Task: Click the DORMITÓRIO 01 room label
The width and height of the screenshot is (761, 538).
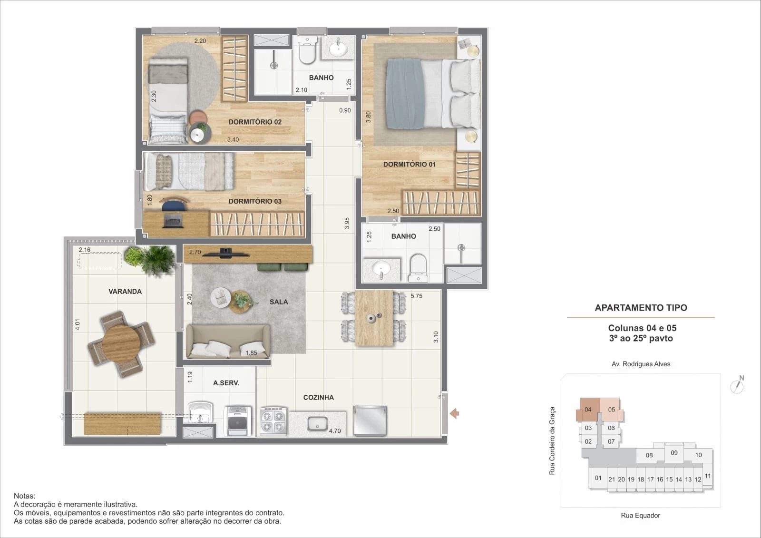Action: pos(409,164)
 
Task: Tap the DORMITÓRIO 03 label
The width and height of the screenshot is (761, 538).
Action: pos(255,201)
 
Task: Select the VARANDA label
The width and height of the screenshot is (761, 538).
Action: pos(125,291)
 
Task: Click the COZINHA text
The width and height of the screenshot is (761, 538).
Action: pos(318,397)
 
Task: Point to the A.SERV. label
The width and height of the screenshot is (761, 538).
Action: pos(226,382)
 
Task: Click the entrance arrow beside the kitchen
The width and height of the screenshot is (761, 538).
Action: pos(454,413)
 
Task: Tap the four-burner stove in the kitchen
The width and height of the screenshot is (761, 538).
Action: pos(273,421)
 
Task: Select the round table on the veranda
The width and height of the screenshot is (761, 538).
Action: pos(121,343)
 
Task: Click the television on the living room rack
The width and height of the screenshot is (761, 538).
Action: pos(226,253)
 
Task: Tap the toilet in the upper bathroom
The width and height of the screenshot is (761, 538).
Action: pos(307,51)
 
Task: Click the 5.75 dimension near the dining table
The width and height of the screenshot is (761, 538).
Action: pos(416,296)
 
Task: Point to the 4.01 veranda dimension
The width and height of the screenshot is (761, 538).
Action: pos(78,324)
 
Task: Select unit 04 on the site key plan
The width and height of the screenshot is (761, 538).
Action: pos(588,410)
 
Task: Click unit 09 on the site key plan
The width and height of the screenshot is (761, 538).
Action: pos(674,453)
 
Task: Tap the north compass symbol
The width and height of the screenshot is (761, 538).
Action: pos(737,385)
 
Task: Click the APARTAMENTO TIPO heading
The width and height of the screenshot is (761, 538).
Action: pos(641,308)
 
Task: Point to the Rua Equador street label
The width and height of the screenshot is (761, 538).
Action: pos(640,515)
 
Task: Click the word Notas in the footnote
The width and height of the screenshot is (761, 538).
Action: pos(24,496)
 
